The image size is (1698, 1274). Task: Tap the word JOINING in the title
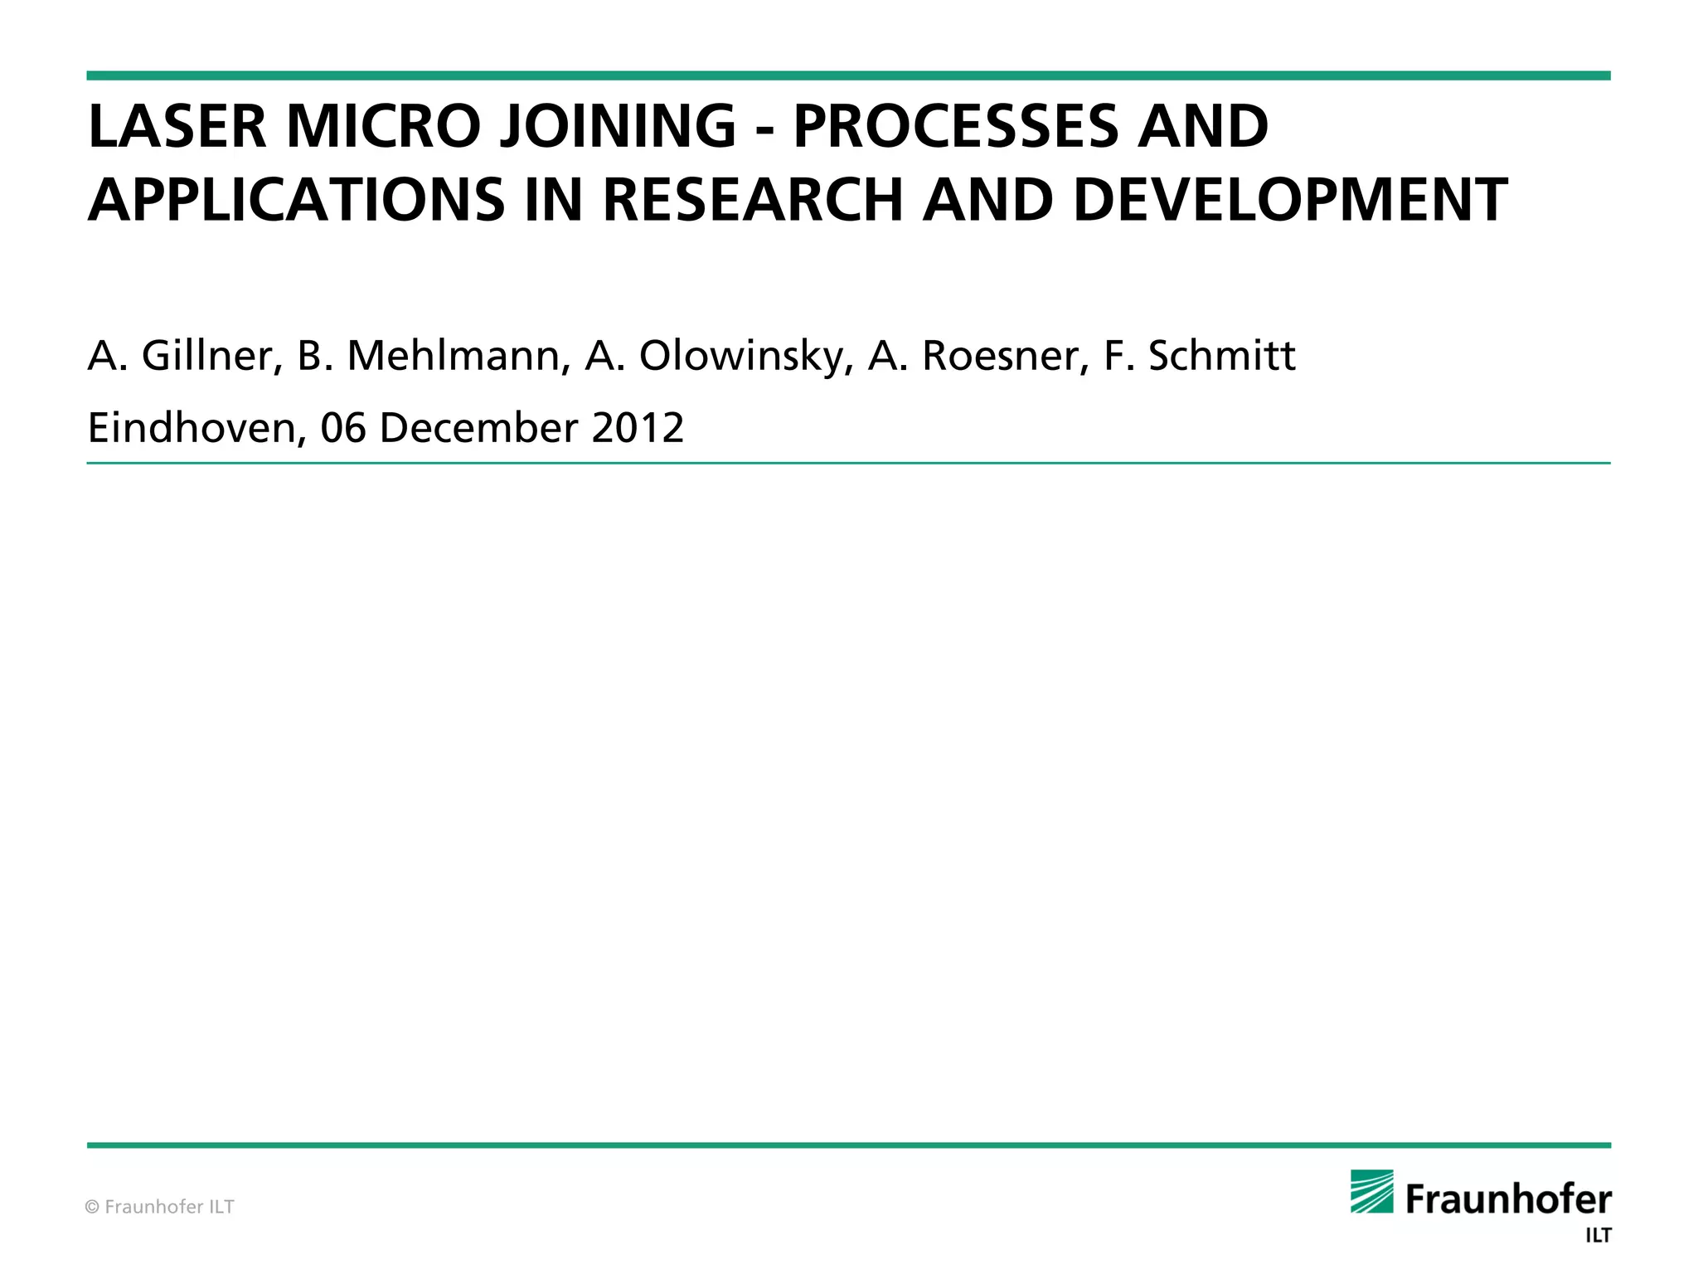click(x=617, y=127)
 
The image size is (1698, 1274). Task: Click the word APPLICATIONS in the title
click(x=296, y=200)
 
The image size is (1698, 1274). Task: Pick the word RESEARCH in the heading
click(x=752, y=200)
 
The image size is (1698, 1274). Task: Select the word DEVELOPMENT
click(x=1289, y=200)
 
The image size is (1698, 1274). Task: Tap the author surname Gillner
click(x=207, y=356)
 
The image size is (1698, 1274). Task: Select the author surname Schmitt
click(x=1221, y=356)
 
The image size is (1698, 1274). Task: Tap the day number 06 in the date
click(x=343, y=429)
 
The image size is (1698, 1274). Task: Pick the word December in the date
click(x=478, y=429)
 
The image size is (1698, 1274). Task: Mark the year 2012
click(x=638, y=429)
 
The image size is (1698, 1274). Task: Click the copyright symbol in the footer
click(x=93, y=1207)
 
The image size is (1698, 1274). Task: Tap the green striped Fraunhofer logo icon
click(x=1372, y=1191)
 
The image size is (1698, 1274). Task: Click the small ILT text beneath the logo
click(x=1598, y=1236)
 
